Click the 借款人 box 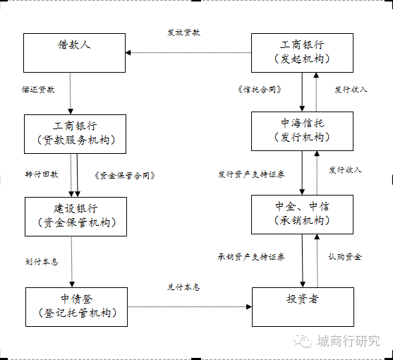coord(75,52)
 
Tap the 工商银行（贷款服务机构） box coord(75,133)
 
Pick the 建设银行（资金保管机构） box coord(75,215)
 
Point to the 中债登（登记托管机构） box coord(75,306)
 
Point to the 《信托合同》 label coord(260,90)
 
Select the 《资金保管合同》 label coord(124,174)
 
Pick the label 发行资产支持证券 coord(251,174)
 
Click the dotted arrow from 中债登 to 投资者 coord(189,306)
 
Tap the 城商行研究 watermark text coord(349,341)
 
